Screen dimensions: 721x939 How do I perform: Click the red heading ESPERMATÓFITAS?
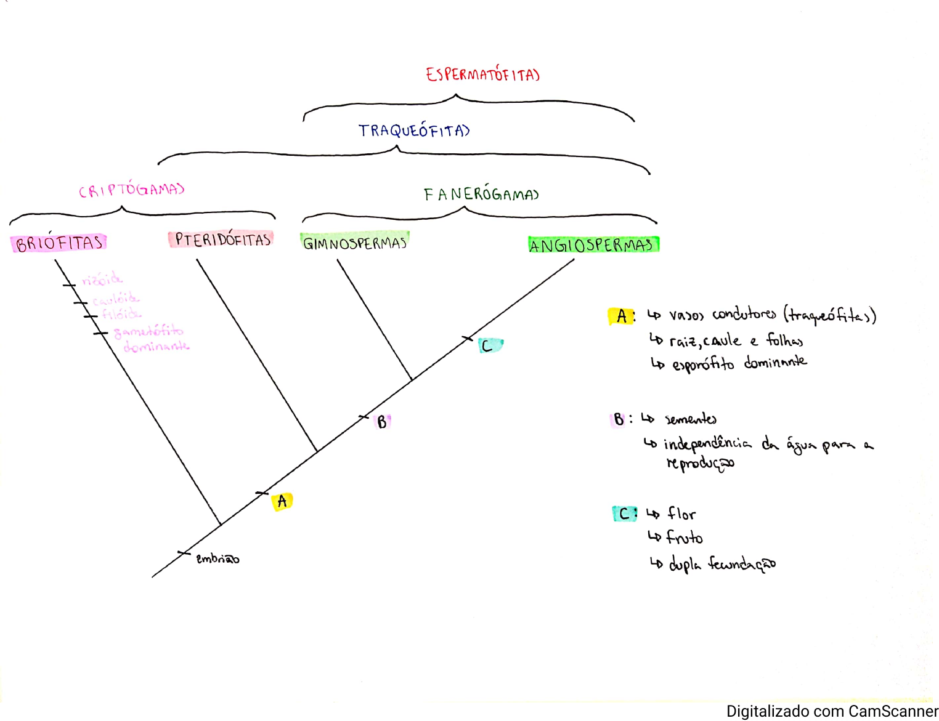[482, 75]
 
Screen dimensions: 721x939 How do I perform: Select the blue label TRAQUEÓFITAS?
[413, 131]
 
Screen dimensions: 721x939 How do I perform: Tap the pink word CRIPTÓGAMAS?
[131, 190]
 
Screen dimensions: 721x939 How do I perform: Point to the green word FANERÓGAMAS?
[481, 194]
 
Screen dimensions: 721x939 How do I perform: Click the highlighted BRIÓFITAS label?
[59, 243]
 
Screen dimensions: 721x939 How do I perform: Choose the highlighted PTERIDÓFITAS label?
[222, 240]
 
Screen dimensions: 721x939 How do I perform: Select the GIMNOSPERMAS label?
[355, 243]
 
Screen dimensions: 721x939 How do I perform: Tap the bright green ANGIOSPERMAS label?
[593, 245]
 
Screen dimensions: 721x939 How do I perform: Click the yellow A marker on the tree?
[282, 501]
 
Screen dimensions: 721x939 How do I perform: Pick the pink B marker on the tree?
[382, 422]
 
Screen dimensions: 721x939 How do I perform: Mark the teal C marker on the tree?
[489, 345]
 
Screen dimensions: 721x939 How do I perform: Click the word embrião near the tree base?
[217, 558]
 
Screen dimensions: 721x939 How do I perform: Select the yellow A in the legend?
[621, 316]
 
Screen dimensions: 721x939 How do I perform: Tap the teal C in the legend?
[624, 514]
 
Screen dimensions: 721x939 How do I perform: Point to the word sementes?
[691, 419]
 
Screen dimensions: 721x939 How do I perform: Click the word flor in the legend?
[681, 514]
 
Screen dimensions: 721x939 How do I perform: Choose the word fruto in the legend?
[684, 538]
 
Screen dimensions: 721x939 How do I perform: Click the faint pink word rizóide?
[102, 280]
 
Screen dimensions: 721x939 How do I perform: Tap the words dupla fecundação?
[722, 563]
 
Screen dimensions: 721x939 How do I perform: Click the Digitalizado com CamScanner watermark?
[832, 711]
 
